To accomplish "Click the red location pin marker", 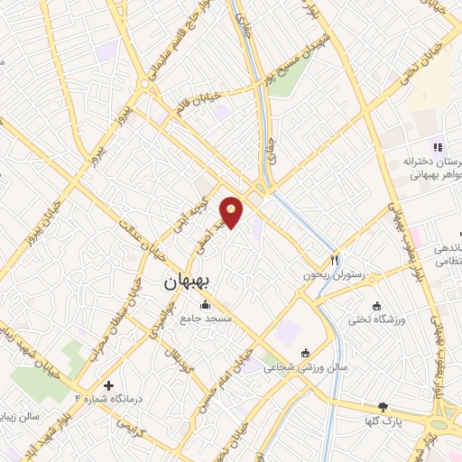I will pos(232,211).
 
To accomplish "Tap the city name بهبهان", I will pos(187,281).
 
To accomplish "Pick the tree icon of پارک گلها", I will pos(383,408).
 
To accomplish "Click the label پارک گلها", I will pos(383,422).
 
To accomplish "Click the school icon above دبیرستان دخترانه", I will pos(437,147).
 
